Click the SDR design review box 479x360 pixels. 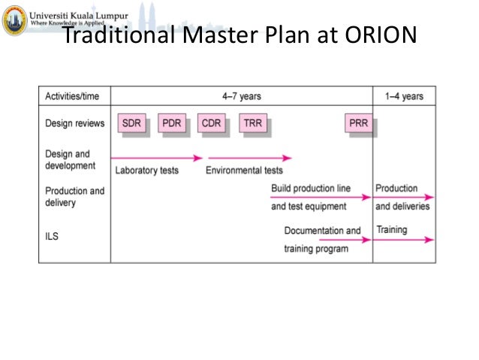[x=131, y=123]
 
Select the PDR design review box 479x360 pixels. [x=172, y=123]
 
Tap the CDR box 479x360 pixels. [x=212, y=123]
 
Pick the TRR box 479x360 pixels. [x=253, y=123]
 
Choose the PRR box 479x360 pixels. [x=359, y=123]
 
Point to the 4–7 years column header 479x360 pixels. [x=242, y=96]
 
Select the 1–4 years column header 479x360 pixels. [x=404, y=96]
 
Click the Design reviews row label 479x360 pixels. [x=74, y=123]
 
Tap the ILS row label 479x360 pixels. [x=52, y=236]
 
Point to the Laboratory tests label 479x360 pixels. [x=147, y=171]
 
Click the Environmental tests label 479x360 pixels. [x=245, y=171]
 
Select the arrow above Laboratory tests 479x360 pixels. [x=156, y=158]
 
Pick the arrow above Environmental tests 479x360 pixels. [x=249, y=158]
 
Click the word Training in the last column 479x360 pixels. [x=391, y=229]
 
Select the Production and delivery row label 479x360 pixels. [x=74, y=197]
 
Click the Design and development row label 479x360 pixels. [x=70, y=159]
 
